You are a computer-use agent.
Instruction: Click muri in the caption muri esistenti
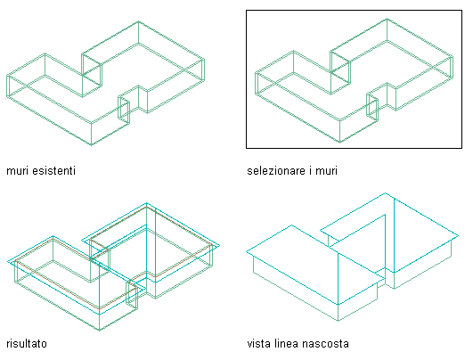pyautogui.click(x=18, y=171)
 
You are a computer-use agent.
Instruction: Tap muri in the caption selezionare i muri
pyautogui.click(x=326, y=171)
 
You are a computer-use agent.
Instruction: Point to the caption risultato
pyautogui.click(x=27, y=343)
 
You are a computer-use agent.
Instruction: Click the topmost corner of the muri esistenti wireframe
pyautogui.click(x=138, y=21)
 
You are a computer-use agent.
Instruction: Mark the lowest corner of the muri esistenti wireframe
pyautogui.click(x=92, y=145)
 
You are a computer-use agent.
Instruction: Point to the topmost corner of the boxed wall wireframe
pyautogui.click(x=387, y=19)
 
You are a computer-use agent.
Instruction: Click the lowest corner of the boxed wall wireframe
pyautogui.click(x=340, y=143)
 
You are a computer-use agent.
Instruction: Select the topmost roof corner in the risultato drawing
pyautogui.click(x=147, y=203)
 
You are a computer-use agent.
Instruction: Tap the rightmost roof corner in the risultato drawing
pyautogui.click(x=220, y=245)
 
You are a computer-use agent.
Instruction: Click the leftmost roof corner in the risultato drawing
pyautogui.click(x=7, y=262)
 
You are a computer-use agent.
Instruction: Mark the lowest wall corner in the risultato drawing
pyautogui.click(x=100, y=330)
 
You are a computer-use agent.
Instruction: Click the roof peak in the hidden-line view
pyautogui.click(x=385, y=192)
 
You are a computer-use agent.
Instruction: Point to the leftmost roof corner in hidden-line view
pyautogui.click(x=247, y=251)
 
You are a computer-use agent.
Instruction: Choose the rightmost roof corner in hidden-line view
pyautogui.click(x=459, y=235)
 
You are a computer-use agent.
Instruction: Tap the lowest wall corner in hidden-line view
pyautogui.click(x=338, y=321)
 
